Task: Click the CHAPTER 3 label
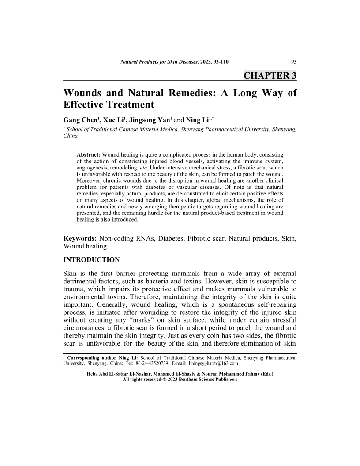[x=270, y=75]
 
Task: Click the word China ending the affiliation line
[x=71, y=136]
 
